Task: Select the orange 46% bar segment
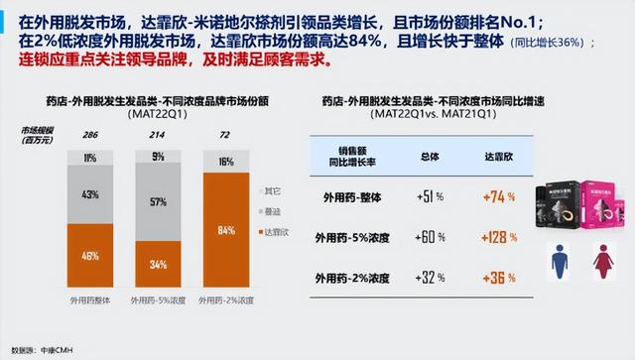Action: click(90, 257)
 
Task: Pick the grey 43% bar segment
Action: click(90, 193)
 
